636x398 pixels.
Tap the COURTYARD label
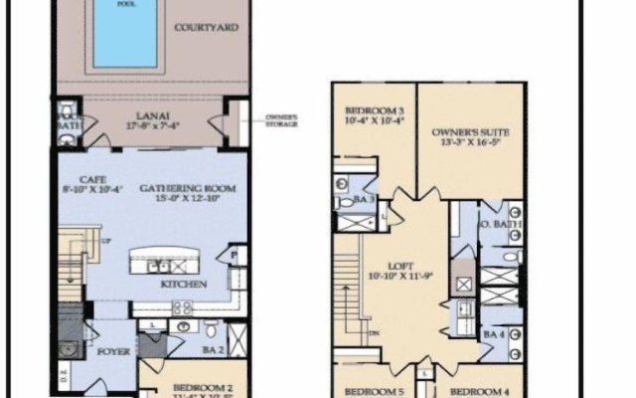coord(206,28)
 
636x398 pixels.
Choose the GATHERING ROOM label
coord(179,187)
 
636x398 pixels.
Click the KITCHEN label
coord(184,285)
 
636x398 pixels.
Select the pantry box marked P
coord(235,256)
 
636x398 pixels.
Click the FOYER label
coord(107,348)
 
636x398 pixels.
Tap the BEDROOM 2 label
coord(203,387)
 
